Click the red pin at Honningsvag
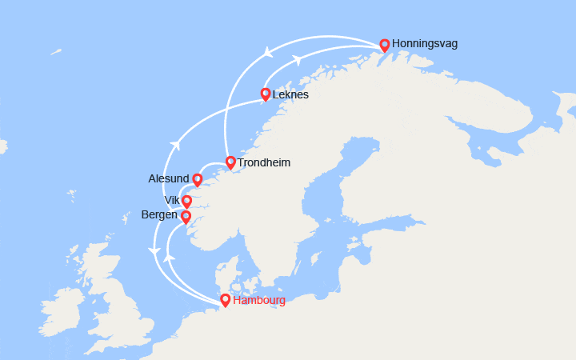click(385, 45)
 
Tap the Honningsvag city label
click(425, 44)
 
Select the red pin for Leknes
click(266, 94)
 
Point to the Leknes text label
click(290, 94)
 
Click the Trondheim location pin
click(230, 162)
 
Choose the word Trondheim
click(264, 162)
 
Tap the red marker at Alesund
click(198, 179)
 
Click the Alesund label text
click(169, 178)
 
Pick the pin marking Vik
click(187, 201)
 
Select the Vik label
click(172, 200)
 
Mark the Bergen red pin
click(186, 216)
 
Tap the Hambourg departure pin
click(226, 300)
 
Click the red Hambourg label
click(258, 301)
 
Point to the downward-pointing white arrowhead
click(154, 252)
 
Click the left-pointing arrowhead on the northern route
click(267, 53)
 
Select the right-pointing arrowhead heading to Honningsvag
click(296, 59)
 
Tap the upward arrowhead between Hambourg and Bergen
click(169, 258)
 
